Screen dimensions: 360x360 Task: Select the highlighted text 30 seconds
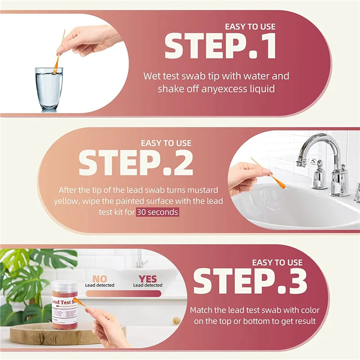click(x=157, y=212)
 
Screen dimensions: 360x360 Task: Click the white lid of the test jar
click(x=66, y=285)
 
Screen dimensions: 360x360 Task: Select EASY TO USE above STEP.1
click(x=250, y=26)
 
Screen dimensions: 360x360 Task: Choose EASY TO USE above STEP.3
click(x=277, y=262)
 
